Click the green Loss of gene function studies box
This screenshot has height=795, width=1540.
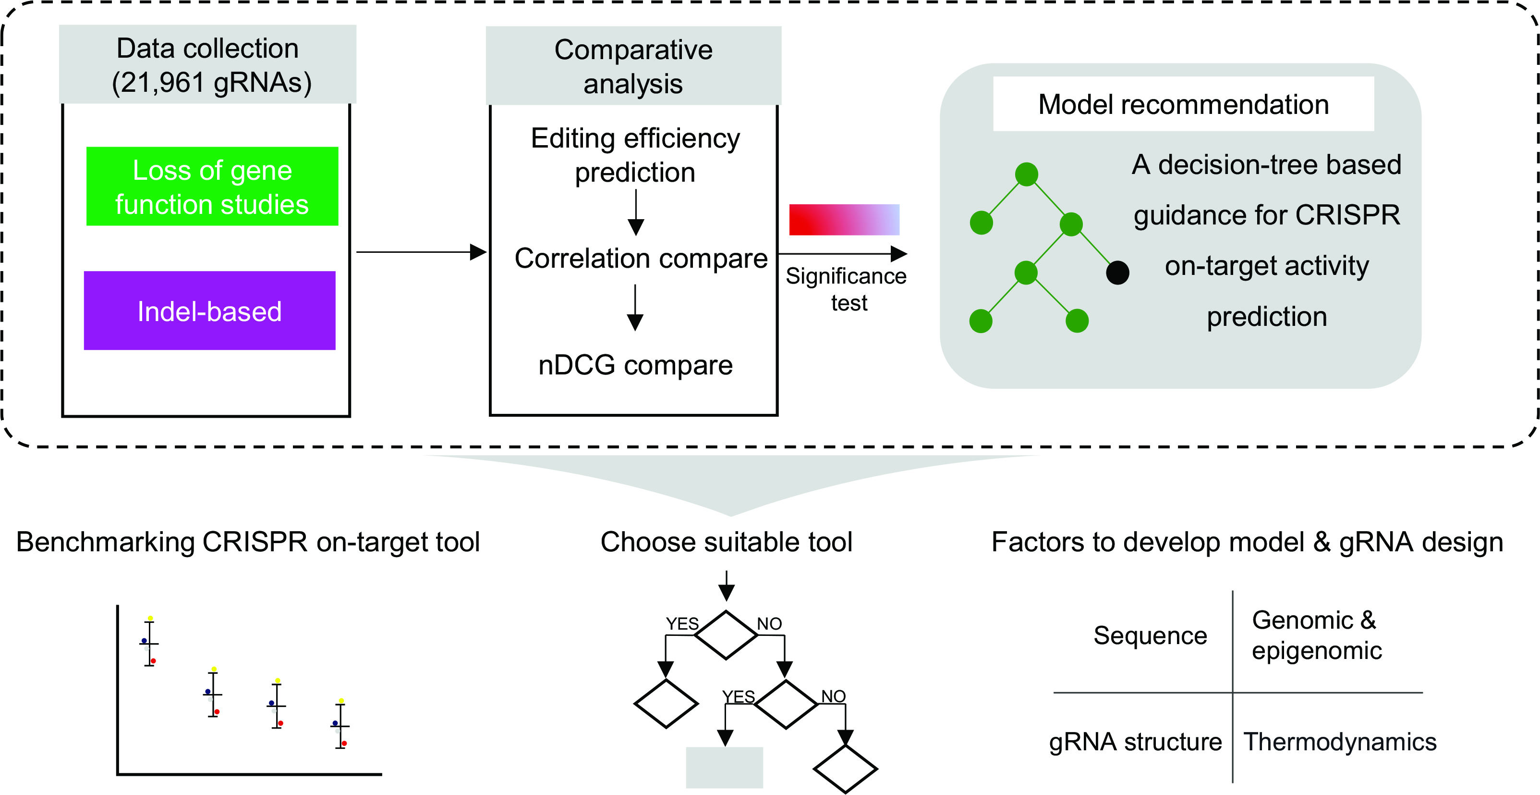tap(212, 186)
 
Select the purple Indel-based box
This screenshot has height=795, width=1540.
tap(210, 311)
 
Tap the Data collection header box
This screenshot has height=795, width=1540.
tap(207, 64)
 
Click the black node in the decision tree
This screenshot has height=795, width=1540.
tap(1117, 273)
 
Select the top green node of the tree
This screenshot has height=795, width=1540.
tap(1027, 174)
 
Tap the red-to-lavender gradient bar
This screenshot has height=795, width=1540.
tap(844, 220)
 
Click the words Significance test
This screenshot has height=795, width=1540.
tap(847, 289)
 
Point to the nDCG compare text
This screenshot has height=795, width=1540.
tap(635, 365)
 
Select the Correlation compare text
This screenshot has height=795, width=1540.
tap(641, 259)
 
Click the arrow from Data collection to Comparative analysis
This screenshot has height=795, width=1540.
tap(422, 252)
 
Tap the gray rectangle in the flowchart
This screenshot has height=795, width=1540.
tap(725, 768)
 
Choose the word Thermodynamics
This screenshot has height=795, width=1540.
tap(1340, 742)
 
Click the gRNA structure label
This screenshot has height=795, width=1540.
tap(1135, 742)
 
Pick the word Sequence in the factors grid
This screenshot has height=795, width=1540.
tap(1150, 635)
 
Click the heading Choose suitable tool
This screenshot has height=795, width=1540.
tap(727, 542)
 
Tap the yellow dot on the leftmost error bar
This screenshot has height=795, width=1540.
tap(150, 618)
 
